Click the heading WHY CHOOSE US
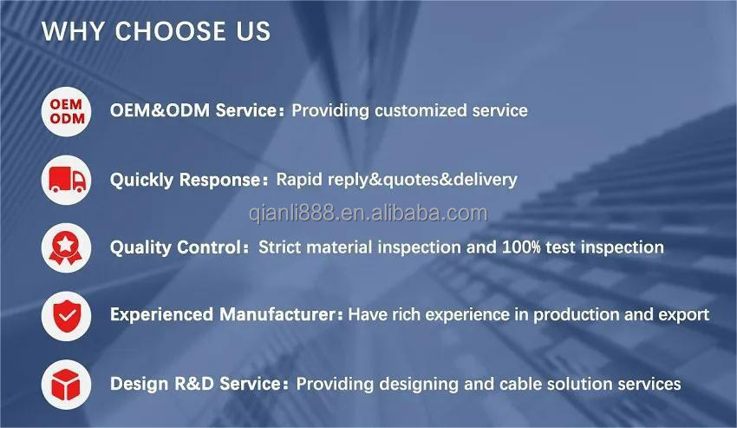pyautogui.click(x=156, y=31)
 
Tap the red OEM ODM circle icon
pyautogui.click(x=66, y=112)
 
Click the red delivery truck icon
pyautogui.click(x=66, y=180)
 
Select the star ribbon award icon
pyautogui.click(x=66, y=247)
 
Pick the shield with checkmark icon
pyautogui.click(x=66, y=315)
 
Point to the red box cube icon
pyautogui.click(x=66, y=385)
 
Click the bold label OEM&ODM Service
pyautogui.click(x=193, y=110)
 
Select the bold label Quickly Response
pyautogui.click(x=186, y=180)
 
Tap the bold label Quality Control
pyautogui.click(x=176, y=247)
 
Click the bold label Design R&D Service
pyautogui.click(x=196, y=384)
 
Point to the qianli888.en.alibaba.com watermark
pyautogui.click(x=368, y=214)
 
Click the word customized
pyautogui.click(x=421, y=110)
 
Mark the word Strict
pyautogui.click(x=280, y=247)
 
